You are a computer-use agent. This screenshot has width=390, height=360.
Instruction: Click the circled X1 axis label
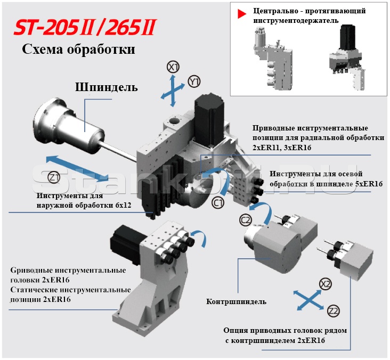pyautogui.click(x=173, y=67)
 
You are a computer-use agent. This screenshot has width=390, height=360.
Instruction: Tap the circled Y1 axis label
pyautogui.click(x=194, y=81)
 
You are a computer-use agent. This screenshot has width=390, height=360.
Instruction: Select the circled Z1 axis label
pyautogui.click(x=54, y=177)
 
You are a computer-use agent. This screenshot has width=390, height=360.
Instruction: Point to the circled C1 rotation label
pyautogui.click(x=218, y=203)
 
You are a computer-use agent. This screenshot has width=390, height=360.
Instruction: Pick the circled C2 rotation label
pyautogui.click(x=246, y=220)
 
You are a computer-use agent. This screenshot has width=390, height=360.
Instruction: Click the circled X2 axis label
pyautogui.click(x=326, y=284)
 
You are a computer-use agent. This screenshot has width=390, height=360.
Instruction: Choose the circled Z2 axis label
pyautogui.click(x=334, y=311)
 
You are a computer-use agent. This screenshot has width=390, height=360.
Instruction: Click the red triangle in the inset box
pyautogui.click(x=241, y=14)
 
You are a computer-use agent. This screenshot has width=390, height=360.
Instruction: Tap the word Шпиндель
pyautogui.click(x=106, y=87)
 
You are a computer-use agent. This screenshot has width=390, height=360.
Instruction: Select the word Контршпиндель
pyautogui.click(x=236, y=301)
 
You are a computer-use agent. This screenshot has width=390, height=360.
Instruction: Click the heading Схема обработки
pyautogui.click(x=78, y=50)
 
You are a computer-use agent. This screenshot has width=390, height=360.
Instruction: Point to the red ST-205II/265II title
pyautogui.click(x=85, y=27)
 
